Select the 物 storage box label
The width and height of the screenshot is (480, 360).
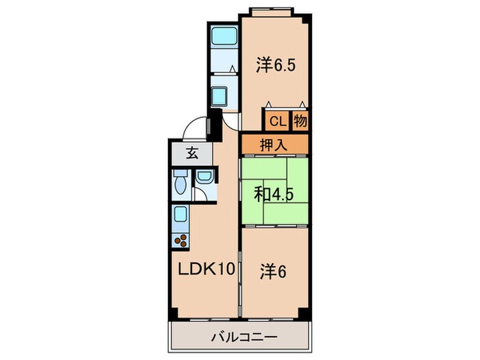(x=300, y=122)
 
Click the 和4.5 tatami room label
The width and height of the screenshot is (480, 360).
(x=274, y=194)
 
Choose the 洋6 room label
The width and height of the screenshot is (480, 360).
(x=272, y=272)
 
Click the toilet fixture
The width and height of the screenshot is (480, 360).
(x=180, y=183)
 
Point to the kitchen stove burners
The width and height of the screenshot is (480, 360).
(x=183, y=240)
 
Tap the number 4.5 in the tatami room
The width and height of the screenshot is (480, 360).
(x=284, y=194)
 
